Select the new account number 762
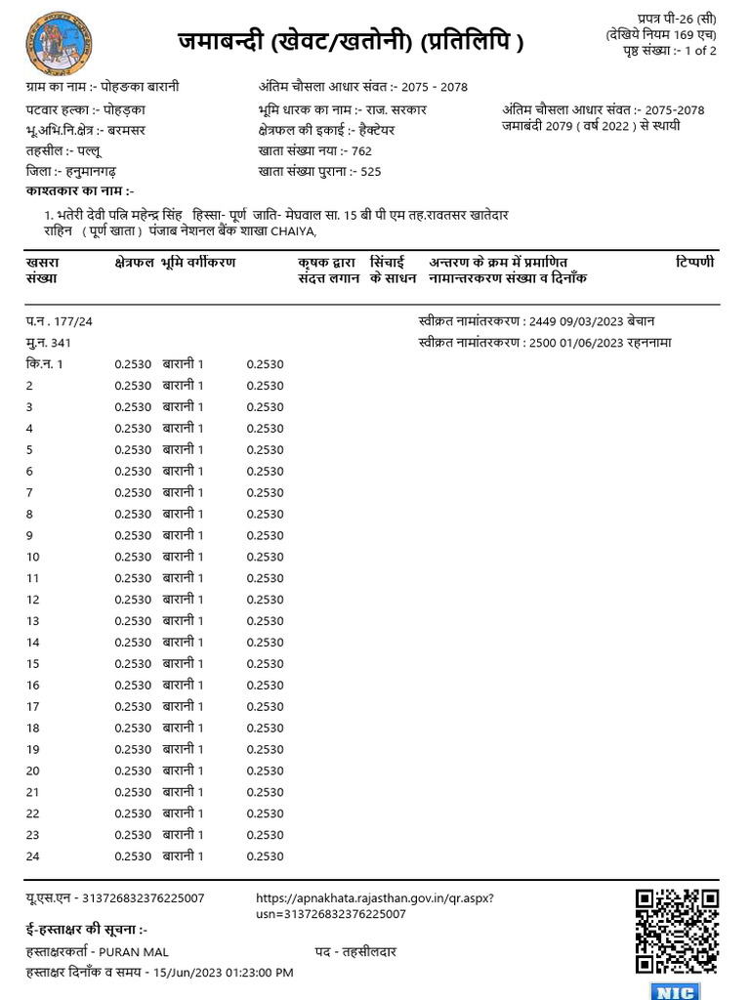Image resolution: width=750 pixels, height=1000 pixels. (361, 151)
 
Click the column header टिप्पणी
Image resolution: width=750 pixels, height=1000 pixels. (694, 263)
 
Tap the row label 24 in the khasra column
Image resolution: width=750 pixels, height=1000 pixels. (32, 856)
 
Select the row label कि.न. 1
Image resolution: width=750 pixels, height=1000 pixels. (45, 364)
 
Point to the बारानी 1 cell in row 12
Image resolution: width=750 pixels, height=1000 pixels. (183, 600)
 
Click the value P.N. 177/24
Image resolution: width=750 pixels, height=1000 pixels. (60, 321)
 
